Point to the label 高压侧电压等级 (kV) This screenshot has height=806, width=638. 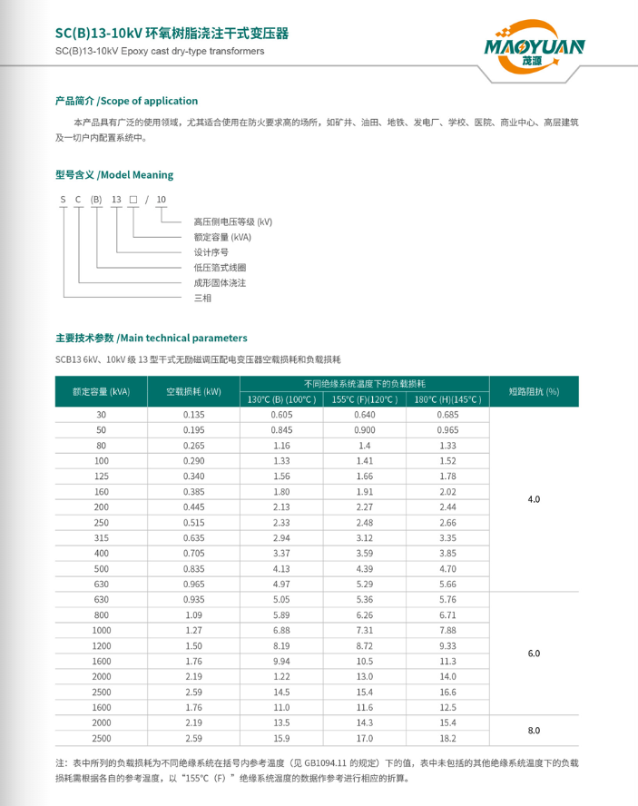pos(232,221)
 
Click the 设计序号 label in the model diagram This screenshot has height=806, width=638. pos(211,252)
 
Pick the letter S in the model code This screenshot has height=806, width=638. pos(64,198)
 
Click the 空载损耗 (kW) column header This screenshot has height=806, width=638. pos(193,392)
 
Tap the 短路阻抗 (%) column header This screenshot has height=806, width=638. pos(534,392)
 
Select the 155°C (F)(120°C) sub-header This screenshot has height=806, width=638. pos(364,399)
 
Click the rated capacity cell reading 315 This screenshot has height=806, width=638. pos(102,537)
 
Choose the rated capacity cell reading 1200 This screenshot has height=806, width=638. pos(102,645)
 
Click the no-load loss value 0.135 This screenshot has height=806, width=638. pos(193,414)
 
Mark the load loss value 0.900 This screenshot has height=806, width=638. pos(365,429)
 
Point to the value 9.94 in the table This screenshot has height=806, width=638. pos(281,661)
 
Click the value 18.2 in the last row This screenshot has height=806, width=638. pos(447,738)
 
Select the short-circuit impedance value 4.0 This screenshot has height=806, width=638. pos(534,499)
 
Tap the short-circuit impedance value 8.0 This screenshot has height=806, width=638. pos(534,730)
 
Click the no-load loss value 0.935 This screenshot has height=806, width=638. pos(193,599)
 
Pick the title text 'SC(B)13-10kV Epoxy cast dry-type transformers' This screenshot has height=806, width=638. pos(160,52)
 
